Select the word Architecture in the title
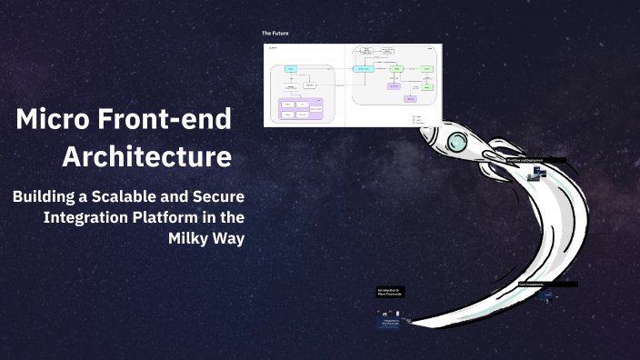pos(146,156)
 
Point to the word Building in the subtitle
pos(49,196)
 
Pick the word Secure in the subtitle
pos(219,196)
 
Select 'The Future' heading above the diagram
pos(275,34)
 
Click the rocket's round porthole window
pos(456,141)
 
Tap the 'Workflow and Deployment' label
pos(535,160)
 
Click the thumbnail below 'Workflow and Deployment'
pos(538,172)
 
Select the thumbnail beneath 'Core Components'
pos(548,296)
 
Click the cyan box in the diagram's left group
pos(290,69)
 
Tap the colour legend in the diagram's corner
pos(417,118)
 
